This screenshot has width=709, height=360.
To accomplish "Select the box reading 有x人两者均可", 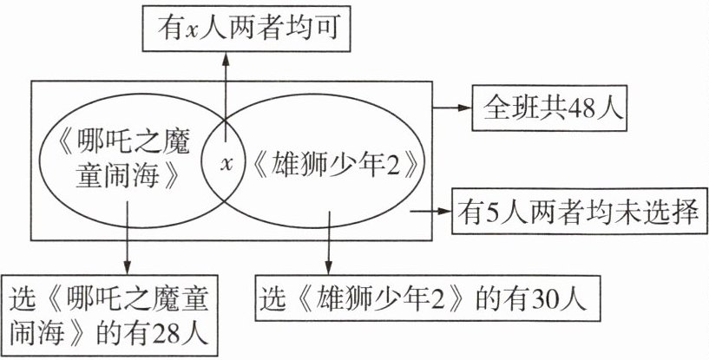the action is coord(246,29).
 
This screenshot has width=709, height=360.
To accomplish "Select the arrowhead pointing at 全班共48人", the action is coord(463,108).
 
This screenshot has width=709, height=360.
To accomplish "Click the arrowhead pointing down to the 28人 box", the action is coord(127,267).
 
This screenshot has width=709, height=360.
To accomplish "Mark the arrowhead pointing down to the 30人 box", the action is coord(329,267).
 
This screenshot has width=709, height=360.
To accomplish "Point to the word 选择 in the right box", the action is coord(674,212).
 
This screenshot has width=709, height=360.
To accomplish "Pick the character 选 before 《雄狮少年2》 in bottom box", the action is coord(270,298).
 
